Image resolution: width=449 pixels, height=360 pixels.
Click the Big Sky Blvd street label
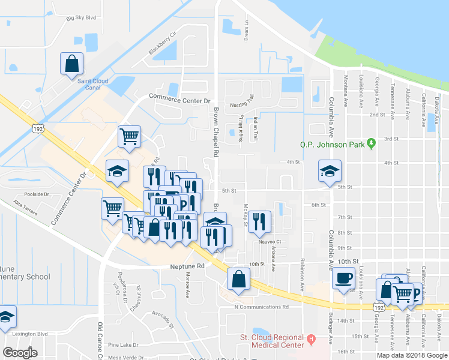(x=81, y=18)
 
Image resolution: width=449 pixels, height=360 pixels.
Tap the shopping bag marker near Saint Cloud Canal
(x=71, y=64)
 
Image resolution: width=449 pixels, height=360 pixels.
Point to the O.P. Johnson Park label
(x=333, y=144)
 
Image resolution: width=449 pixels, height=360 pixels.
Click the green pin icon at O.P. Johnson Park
(x=372, y=143)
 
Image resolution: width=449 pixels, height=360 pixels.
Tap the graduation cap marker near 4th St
(x=329, y=171)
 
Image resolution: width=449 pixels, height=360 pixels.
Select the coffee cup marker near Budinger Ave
(x=344, y=278)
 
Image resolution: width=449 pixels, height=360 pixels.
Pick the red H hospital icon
(x=311, y=340)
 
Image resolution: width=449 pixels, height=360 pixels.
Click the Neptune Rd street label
(x=187, y=266)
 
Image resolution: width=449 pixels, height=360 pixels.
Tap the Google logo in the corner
(x=20, y=352)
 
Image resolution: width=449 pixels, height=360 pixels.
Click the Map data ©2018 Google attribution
(x=412, y=355)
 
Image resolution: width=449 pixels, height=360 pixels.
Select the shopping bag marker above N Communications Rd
(x=239, y=278)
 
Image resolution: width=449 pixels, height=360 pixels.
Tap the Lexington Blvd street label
(x=42, y=333)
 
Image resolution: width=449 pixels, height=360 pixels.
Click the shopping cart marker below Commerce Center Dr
(x=129, y=137)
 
